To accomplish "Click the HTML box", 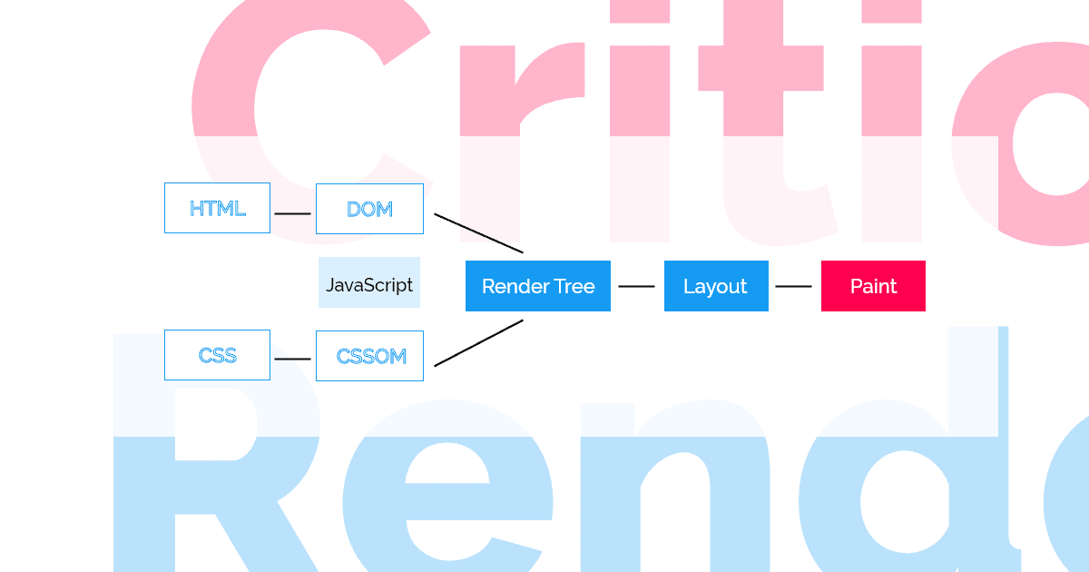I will [217, 208].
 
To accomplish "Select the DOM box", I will [369, 208].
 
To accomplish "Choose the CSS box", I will [217, 355].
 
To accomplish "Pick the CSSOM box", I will [369, 355].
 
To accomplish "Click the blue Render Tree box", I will [538, 286].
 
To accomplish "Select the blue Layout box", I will [716, 286].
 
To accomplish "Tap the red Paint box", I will [873, 286].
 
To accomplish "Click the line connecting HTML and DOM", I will [292, 213].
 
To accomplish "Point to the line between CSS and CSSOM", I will [292, 359].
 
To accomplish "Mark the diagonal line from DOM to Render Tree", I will [478, 233].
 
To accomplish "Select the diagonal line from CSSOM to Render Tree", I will [478, 343].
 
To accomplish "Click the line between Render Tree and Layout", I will [636, 286].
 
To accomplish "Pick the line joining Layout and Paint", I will [793, 286].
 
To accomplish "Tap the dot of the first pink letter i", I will [639, 11].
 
